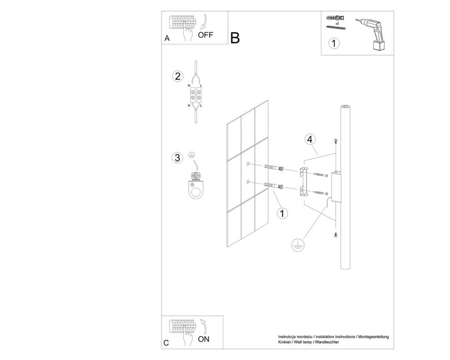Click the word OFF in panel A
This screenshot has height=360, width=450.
205,35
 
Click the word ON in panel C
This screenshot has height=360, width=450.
204,339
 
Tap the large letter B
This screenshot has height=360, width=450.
235,38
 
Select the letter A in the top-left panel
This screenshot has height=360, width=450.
167,39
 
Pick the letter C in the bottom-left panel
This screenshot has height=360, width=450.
166,343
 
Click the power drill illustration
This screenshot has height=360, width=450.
373,34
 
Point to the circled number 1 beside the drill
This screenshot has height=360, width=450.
334,43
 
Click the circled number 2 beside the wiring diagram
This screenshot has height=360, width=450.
178,76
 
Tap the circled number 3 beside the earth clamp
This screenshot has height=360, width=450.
177,158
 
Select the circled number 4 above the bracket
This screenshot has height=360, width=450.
310,139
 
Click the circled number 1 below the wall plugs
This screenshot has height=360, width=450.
282,213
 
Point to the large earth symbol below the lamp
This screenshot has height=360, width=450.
298,245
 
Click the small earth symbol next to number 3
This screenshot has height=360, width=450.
192,155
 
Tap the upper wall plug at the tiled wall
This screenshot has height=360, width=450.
274,168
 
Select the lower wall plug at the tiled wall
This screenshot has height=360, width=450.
274,186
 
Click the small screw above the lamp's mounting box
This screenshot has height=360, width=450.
336,141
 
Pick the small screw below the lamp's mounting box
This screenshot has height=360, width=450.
336,235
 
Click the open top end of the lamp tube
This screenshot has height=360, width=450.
345,107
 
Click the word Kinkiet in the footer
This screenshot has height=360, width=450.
284,342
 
